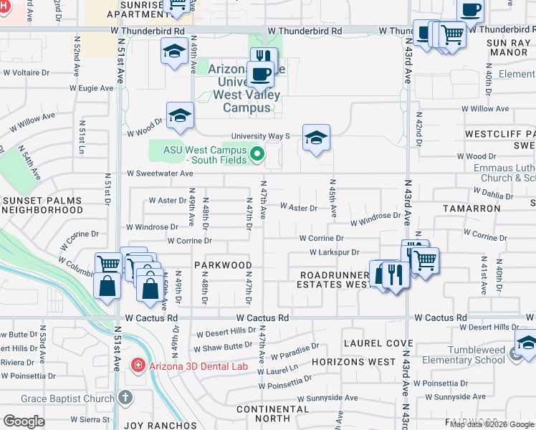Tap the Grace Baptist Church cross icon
click(x=125, y=396)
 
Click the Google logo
click(x=24, y=421)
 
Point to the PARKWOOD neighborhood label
click(x=222, y=264)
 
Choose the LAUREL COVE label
click(x=370, y=343)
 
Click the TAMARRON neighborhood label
click(x=472, y=208)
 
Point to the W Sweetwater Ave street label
click(x=160, y=173)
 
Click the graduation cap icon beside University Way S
click(x=316, y=137)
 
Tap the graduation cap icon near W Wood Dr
click(x=181, y=115)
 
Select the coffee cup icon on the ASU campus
click(x=259, y=73)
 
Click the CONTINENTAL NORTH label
click(x=262, y=413)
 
